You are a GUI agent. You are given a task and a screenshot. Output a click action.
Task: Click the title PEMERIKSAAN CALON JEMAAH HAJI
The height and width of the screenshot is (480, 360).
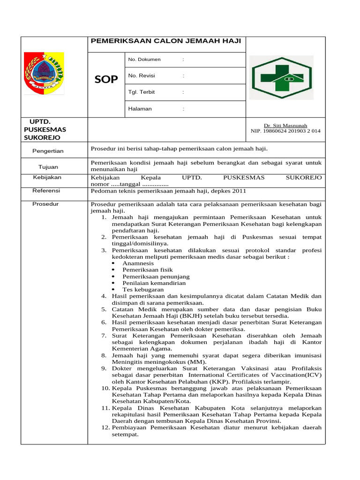tap(165, 41)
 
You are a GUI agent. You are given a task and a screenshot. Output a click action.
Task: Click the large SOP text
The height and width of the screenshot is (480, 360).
tap(106, 80)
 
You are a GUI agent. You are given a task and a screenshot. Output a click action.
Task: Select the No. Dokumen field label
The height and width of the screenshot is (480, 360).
tap(144, 60)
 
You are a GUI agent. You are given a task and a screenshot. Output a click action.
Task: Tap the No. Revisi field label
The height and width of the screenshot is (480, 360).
tap(142, 76)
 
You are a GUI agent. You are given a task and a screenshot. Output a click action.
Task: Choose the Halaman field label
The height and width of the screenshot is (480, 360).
tap(140, 109)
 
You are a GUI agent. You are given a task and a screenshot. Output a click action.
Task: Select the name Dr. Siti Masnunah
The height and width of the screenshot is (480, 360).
tap(285, 126)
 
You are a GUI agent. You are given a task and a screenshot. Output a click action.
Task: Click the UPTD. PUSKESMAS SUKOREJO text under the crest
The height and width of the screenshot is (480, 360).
tap(45, 129)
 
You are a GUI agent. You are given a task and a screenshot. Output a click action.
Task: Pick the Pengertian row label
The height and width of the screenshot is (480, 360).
tap(48, 151)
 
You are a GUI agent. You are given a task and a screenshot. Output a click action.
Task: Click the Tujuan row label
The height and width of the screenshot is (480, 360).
tap(48, 167)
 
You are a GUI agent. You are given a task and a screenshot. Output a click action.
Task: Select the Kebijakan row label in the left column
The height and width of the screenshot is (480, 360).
tap(47, 178)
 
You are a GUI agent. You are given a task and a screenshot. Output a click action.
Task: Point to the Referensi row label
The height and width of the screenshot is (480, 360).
tap(47, 191)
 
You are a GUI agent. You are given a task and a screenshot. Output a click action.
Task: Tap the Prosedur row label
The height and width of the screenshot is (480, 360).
tap(46, 204)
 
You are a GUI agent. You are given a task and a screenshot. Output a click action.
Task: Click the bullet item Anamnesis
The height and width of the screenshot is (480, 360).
tap(138, 263)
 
